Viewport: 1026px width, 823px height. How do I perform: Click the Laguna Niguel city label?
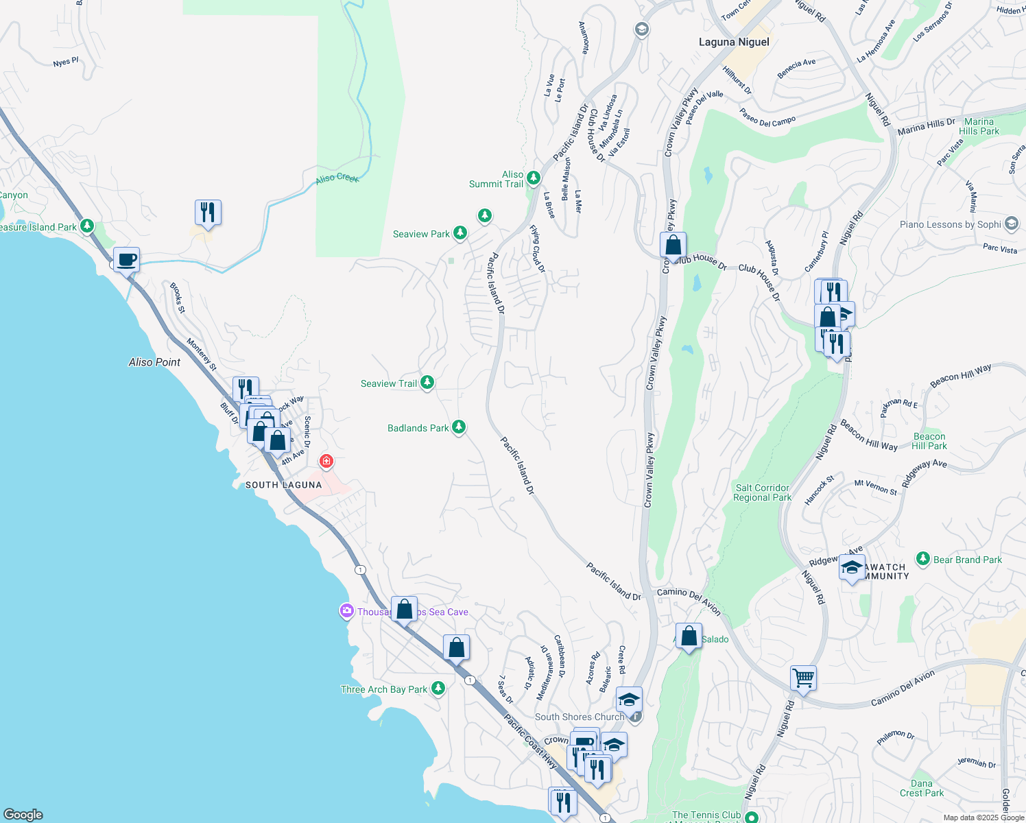click(x=734, y=42)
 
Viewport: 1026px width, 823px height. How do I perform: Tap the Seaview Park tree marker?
click(x=460, y=233)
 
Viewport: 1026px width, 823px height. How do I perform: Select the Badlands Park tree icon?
click(x=459, y=427)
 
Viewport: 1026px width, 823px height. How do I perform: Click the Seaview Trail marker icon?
click(x=427, y=382)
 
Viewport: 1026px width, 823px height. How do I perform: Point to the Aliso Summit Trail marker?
click(x=533, y=178)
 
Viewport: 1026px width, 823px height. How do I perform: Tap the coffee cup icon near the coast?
click(x=127, y=261)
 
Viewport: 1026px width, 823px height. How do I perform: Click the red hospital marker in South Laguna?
click(x=326, y=461)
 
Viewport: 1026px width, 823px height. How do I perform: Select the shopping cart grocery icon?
click(x=803, y=678)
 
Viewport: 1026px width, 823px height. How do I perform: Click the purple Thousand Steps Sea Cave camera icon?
click(x=347, y=610)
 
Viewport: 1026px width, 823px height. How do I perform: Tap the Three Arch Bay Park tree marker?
click(x=438, y=688)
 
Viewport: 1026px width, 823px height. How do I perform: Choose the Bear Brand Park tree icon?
click(x=923, y=559)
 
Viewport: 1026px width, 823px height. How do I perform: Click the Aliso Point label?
click(x=154, y=362)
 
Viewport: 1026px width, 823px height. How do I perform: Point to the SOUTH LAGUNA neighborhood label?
click(x=283, y=485)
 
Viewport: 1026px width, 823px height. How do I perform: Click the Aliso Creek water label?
click(x=337, y=178)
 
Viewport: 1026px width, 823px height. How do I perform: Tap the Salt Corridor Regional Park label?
click(x=762, y=492)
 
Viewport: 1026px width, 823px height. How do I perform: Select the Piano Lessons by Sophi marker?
click(x=1011, y=224)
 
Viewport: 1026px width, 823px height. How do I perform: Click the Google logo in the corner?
click(x=23, y=814)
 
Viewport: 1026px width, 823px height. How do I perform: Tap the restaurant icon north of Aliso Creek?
click(x=208, y=213)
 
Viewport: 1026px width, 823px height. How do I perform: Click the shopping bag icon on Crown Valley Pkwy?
click(x=673, y=245)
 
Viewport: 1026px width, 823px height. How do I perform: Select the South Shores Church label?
click(x=580, y=717)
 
